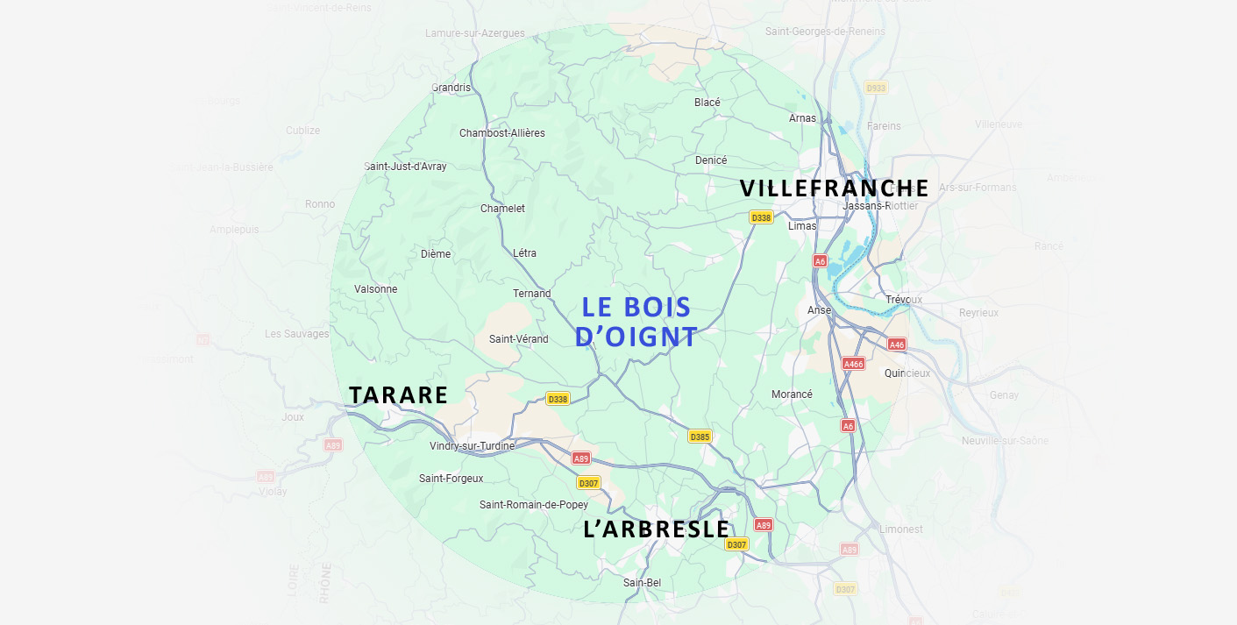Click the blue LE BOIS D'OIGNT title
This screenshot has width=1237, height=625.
pos(636,322)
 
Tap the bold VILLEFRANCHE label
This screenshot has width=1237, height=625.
pos(834,188)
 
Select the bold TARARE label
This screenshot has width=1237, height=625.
pos(399,395)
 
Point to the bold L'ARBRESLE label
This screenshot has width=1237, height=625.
pos(657,529)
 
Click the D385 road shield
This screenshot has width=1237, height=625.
pos(700,437)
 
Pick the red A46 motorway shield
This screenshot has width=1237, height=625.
pos(896,344)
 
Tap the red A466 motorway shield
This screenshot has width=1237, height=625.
pos(853,364)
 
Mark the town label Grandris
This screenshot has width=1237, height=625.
pos(451,88)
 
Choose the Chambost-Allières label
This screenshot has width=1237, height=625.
pos(501,133)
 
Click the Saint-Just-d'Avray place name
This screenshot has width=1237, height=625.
pos(405,167)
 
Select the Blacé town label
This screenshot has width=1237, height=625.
pos(707,103)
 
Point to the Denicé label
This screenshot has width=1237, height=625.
pos(711,160)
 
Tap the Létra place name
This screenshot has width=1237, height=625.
pos(524,253)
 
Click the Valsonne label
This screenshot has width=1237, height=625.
pos(375,289)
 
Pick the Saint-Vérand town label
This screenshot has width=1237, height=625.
pos(518,339)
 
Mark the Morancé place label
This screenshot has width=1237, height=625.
pos(792,394)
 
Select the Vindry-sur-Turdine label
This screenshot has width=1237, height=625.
pos(472,446)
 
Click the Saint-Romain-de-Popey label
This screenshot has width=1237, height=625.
pos(533,505)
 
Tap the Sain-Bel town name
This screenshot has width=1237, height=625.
pos(642,583)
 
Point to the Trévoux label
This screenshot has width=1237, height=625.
pos(903,300)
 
